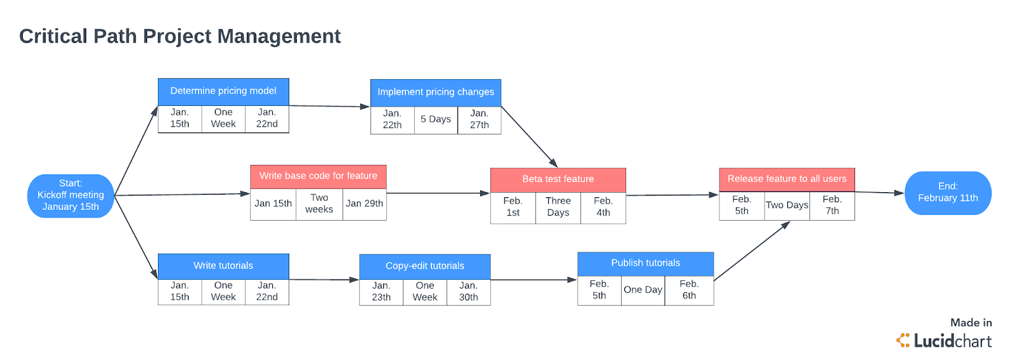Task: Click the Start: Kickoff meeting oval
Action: click(x=70, y=195)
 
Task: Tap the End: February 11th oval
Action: click(x=948, y=193)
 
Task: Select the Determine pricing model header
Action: click(x=223, y=91)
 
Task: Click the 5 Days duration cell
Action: click(x=436, y=120)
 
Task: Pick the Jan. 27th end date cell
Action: click(x=480, y=120)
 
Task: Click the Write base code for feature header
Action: click(x=318, y=176)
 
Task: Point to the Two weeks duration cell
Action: click(x=320, y=204)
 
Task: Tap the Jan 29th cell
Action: click(x=365, y=204)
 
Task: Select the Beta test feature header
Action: click(x=558, y=179)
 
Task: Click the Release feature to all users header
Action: click(x=787, y=179)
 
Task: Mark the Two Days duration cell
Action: click(x=787, y=205)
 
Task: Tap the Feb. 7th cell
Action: click(x=832, y=205)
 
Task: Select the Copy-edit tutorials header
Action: click(x=425, y=267)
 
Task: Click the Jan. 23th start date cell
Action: click(x=381, y=292)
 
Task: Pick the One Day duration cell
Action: click(x=643, y=290)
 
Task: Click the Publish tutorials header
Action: click(x=646, y=264)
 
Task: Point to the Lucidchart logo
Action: click(x=944, y=341)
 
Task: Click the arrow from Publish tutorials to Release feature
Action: click(x=752, y=251)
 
